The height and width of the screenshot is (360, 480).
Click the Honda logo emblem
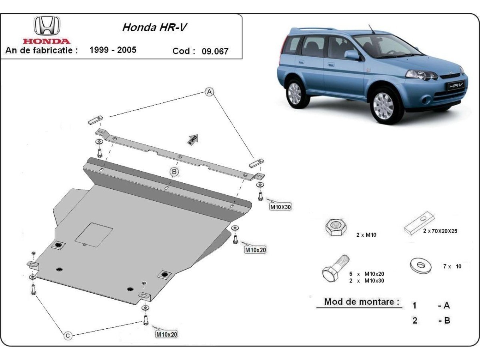pyautogui.click(x=47, y=26)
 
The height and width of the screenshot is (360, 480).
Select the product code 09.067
pyautogui.click(x=215, y=51)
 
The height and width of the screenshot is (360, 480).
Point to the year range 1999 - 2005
pyautogui.click(x=112, y=50)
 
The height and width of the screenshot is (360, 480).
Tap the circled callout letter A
pyautogui.click(x=209, y=92)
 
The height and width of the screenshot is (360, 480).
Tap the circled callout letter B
pyautogui.click(x=174, y=172)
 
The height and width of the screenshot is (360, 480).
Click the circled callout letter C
pyautogui.click(x=68, y=336)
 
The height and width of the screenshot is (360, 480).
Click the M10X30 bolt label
pyautogui.click(x=280, y=207)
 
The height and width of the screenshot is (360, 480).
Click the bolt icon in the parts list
pyautogui.click(x=335, y=268)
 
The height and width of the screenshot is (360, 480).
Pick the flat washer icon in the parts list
pyautogui.click(x=421, y=265)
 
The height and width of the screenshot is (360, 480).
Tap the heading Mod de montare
pyautogui.click(x=362, y=302)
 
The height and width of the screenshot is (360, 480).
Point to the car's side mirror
pyautogui.click(x=352, y=55)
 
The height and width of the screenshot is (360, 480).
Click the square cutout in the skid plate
pyautogui.click(x=94, y=234)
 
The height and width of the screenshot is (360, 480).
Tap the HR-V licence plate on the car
pyautogui.click(x=455, y=85)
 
